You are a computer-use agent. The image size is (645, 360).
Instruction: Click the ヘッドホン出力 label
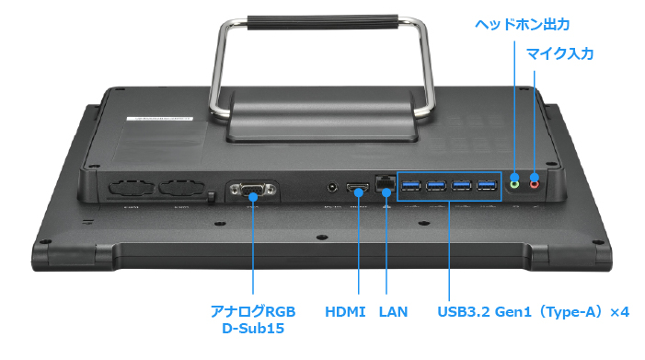pyautogui.click(x=522, y=25)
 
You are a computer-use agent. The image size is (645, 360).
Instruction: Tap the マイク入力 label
pyautogui.click(x=559, y=53)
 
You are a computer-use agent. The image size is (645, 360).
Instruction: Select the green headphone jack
pyautogui.click(x=514, y=184)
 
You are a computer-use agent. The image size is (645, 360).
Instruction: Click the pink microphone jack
pyautogui.click(x=534, y=184)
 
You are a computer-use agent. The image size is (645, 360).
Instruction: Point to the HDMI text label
pyautogui.click(x=345, y=311)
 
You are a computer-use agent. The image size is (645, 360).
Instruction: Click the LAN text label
pyautogui.click(x=393, y=311)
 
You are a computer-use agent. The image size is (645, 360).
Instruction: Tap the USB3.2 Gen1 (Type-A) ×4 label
pyautogui.click(x=533, y=311)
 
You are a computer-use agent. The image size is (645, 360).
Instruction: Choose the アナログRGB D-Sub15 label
pyautogui.click(x=253, y=319)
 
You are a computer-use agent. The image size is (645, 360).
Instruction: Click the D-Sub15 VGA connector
pyautogui.click(x=253, y=191)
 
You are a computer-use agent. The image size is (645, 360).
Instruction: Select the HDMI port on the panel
pyautogui.click(x=357, y=189)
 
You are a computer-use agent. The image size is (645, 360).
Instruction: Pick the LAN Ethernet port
pyautogui.click(x=385, y=183)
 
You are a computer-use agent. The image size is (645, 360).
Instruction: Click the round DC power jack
pyautogui.click(x=332, y=188)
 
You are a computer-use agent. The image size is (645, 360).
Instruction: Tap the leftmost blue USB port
pyautogui.click(x=411, y=186)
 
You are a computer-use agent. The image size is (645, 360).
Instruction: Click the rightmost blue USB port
pyautogui.click(x=487, y=186)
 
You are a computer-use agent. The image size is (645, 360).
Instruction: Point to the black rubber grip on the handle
pyautogui.click(x=322, y=22)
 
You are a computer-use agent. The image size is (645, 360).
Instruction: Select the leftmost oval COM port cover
pyautogui.click(x=131, y=188)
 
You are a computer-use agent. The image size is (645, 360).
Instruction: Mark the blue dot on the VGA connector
pyautogui.click(x=253, y=197)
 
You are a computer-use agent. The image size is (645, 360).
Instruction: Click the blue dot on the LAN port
pyautogui.click(x=386, y=192)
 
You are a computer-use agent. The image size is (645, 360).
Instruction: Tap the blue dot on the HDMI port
pyautogui.click(x=359, y=192)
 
